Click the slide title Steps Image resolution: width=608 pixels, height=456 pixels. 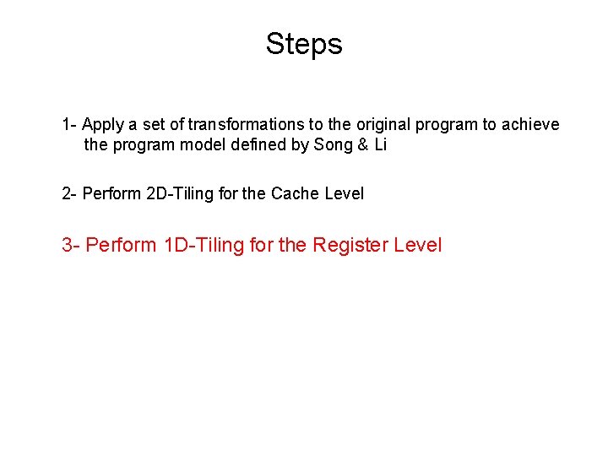(x=303, y=43)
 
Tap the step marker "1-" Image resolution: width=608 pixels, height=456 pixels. (x=69, y=125)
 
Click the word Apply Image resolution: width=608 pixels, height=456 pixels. (x=103, y=125)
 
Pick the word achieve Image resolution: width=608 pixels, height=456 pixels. (x=530, y=125)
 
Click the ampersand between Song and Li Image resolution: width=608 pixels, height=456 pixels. (x=362, y=145)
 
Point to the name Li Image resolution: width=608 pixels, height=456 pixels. (x=380, y=145)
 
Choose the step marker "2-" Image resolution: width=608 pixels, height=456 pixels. (x=70, y=194)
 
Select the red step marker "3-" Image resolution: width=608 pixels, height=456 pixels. (x=72, y=246)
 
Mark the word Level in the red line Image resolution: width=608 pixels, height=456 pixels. (x=419, y=246)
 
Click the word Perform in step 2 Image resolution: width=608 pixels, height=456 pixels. (x=112, y=194)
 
